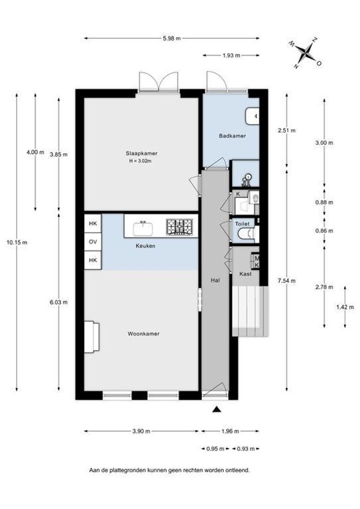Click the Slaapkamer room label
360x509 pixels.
pos(141,153)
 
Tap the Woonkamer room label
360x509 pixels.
pos(143,334)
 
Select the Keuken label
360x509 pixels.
pos(146,246)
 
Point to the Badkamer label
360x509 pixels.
pos(232,136)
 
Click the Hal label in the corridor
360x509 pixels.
pos(215,280)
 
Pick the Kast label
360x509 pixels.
pos(245,274)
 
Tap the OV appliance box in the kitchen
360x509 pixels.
pos(93,242)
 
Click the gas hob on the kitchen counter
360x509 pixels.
pos(179,227)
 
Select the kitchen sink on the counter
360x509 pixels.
pos(143,228)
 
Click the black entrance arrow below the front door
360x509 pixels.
pos(217,410)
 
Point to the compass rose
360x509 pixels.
pos(305,54)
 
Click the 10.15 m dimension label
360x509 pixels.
pos(17,242)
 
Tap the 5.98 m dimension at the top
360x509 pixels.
pos(172,38)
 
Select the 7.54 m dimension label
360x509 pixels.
pos(287,281)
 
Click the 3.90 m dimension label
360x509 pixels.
pos(141,431)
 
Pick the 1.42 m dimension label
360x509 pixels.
pos(345,307)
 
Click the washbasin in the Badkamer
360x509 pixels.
pos(252,116)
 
